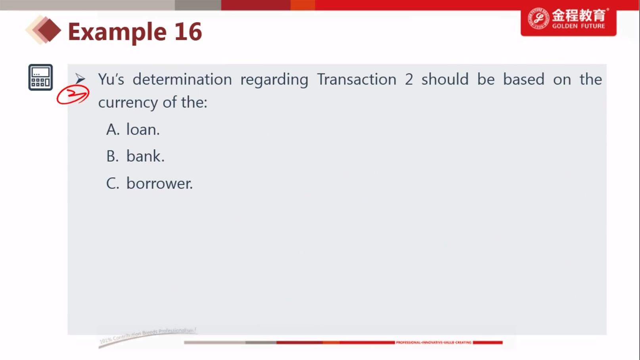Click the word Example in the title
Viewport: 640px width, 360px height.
click(117, 32)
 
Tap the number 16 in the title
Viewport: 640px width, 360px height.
click(188, 31)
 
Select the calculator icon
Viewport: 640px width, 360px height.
click(40, 77)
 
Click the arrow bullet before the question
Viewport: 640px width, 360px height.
click(80, 79)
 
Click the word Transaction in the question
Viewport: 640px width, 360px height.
click(357, 79)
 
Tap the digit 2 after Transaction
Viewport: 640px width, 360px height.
click(409, 79)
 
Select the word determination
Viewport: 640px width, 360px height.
click(182, 79)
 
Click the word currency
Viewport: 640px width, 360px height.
click(128, 103)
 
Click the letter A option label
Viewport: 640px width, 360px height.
click(113, 130)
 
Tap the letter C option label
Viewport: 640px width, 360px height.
click(113, 184)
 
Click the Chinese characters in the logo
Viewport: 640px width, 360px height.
click(579, 15)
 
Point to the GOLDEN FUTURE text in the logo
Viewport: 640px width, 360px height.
click(579, 26)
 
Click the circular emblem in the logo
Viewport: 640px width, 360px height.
click(538, 18)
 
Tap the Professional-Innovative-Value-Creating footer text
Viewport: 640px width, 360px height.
click(433, 342)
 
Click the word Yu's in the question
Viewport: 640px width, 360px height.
click(111, 79)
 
